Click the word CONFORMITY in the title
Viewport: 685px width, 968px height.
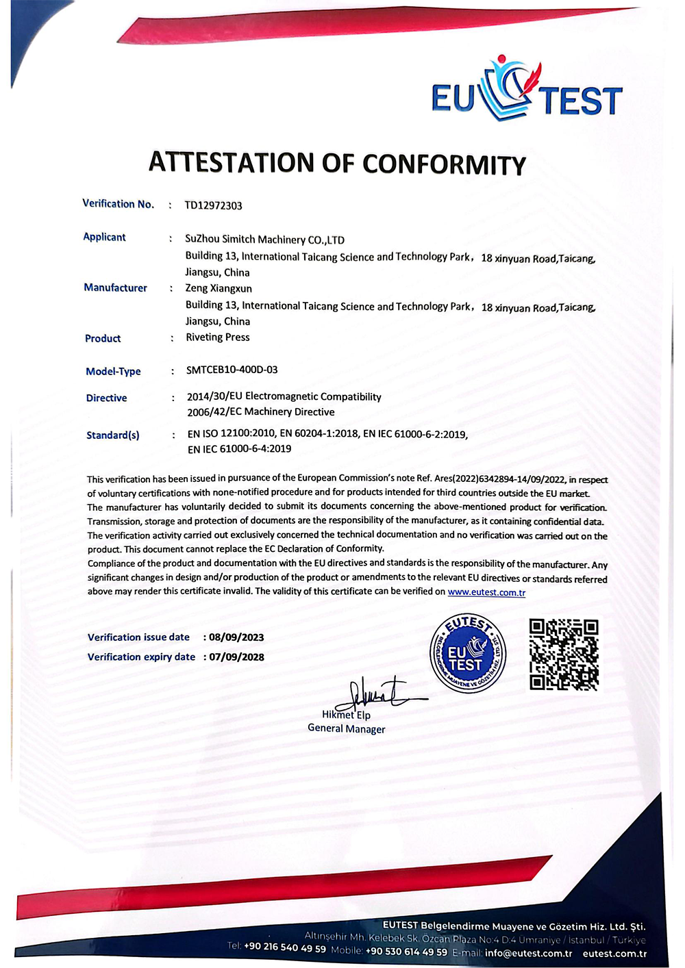(444, 165)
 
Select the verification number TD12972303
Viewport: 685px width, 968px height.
(213, 205)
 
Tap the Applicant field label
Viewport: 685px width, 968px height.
(104, 237)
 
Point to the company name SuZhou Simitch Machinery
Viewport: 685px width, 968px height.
(264, 240)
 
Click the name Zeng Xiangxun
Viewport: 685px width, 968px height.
(219, 288)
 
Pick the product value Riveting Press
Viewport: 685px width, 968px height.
(218, 337)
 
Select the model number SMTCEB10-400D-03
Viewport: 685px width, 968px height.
(232, 370)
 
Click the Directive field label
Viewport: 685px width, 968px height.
(106, 398)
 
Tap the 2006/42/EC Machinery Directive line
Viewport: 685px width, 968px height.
(261, 412)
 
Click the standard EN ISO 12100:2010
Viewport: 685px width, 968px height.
(232, 434)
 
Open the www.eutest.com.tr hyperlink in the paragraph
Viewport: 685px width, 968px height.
(486, 592)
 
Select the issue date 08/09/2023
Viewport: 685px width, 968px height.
(236, 637)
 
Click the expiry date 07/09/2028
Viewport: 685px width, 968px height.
(236, 657)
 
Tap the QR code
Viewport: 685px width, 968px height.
(564, 654)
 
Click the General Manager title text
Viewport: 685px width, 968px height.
(347, 728)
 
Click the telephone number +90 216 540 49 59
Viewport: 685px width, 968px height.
(285, 947)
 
